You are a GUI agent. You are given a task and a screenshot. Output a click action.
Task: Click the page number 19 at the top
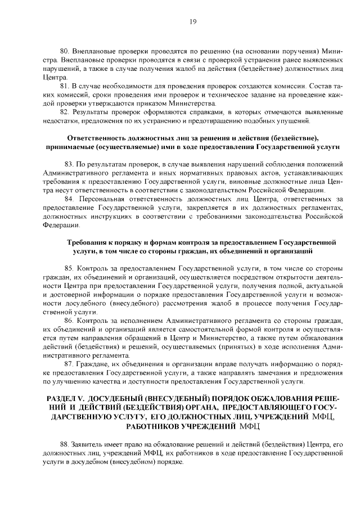pos(192,21)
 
